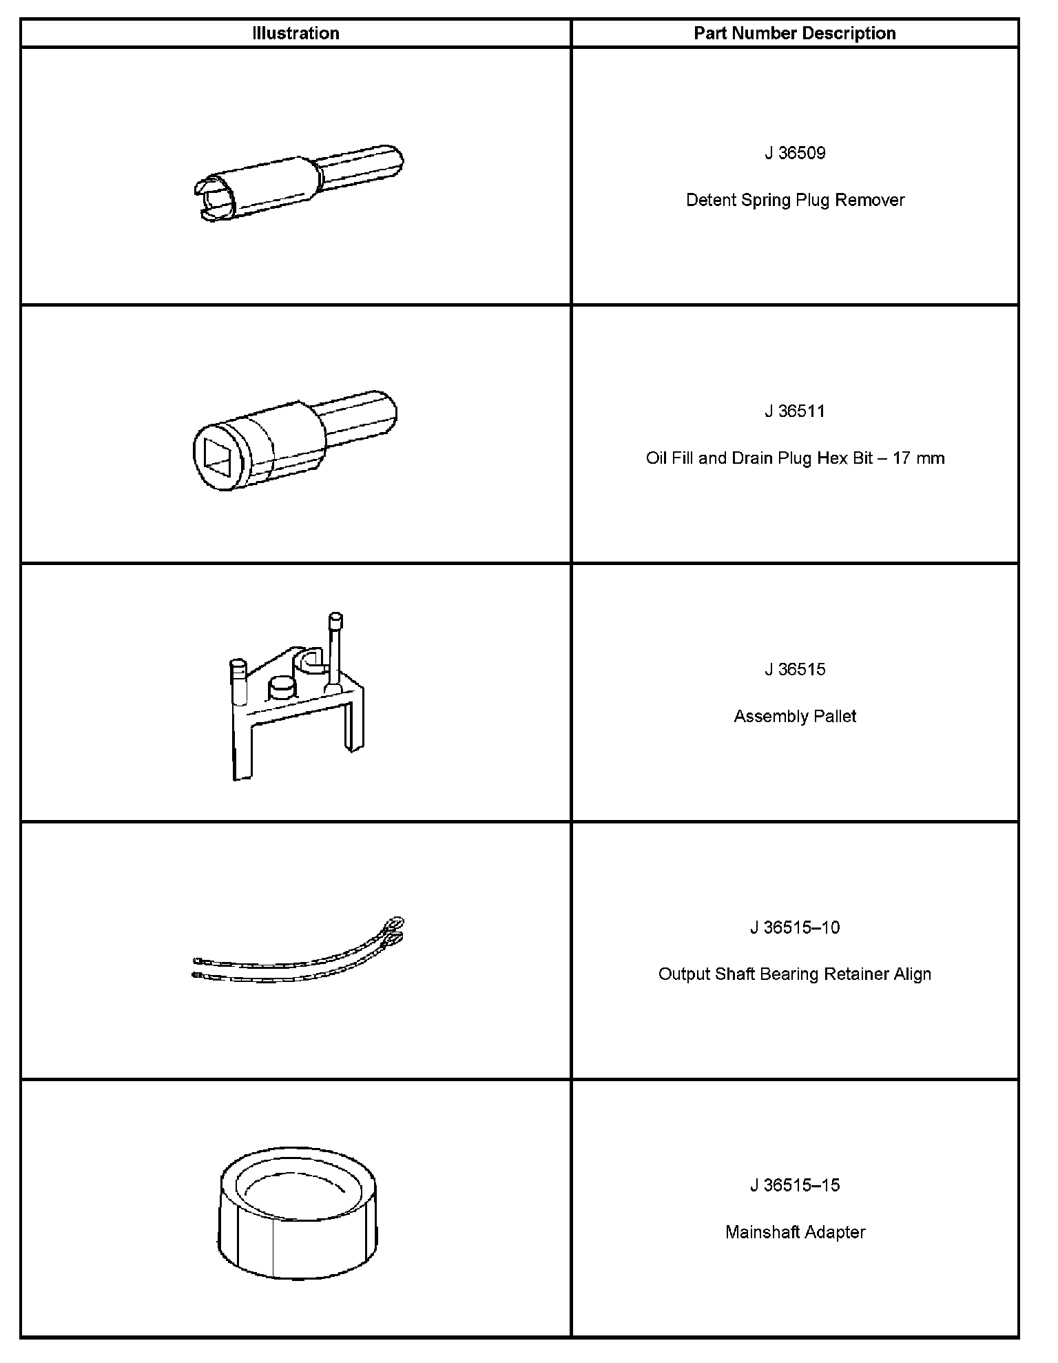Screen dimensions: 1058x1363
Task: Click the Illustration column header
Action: click(x=295, y=33)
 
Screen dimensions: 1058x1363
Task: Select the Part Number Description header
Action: click(x=794, y=33)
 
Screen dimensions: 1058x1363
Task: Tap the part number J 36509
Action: click(x=795, y=153)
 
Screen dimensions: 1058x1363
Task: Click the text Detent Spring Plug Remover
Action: click(x=795, y=200)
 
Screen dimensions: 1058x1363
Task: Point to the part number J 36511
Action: click(x=795, y=411)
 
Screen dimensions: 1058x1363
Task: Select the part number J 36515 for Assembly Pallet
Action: click(x=795, y=669)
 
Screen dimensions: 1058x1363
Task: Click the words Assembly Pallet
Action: click(x=795, y=716)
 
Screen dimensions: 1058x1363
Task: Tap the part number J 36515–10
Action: click(x=795, y=928)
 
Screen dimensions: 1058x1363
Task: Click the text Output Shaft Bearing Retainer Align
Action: click(x=795, y=974)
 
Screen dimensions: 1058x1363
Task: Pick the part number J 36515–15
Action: click(x=795, y=1185)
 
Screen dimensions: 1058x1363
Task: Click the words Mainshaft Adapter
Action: click(x=795, y=1232)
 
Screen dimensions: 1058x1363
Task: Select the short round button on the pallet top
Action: click(x=281, y=687)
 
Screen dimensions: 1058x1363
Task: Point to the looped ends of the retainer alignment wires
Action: click(x=395, y=930)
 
